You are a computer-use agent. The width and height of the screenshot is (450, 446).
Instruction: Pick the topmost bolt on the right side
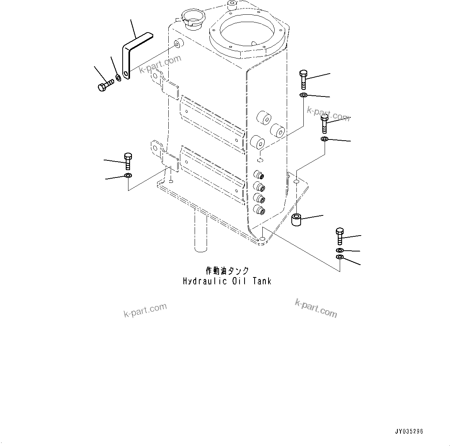click(303, 79)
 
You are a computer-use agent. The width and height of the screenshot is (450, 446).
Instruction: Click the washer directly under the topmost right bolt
click(303, 95)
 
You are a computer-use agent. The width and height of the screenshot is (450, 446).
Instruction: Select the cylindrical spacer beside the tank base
click(297, 220)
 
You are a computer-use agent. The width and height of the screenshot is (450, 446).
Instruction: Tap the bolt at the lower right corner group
click(340, 236)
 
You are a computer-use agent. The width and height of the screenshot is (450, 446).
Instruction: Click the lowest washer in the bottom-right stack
click(340, 258)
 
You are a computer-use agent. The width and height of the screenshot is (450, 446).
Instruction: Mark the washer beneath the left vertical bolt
click(128, 177)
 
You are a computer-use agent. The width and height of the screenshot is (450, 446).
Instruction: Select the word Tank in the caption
click(262, 281)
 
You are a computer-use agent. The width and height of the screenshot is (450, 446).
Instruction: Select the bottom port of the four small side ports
click(258, 210)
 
